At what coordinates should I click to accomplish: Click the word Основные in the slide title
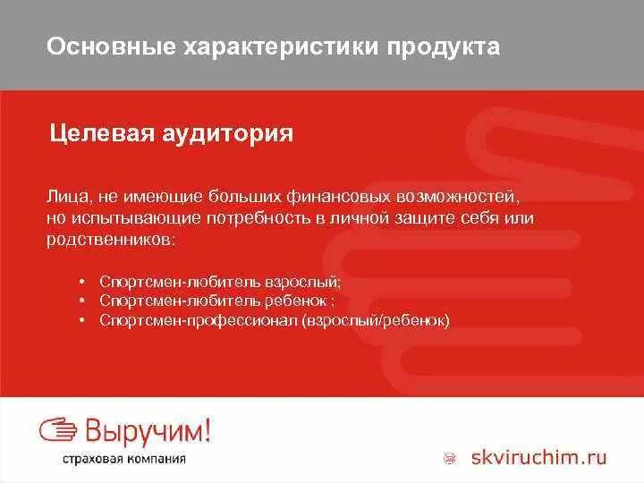coord(101,47)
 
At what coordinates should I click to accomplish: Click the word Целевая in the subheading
coord(100,134)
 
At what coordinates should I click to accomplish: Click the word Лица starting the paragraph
coord(65,195)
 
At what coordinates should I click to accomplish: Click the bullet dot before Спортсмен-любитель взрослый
coord(81,282)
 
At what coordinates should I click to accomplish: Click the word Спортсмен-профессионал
coord(199,319)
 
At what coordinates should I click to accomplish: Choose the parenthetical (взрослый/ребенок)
coord(376,319)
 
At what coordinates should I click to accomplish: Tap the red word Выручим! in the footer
coord(148,431)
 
